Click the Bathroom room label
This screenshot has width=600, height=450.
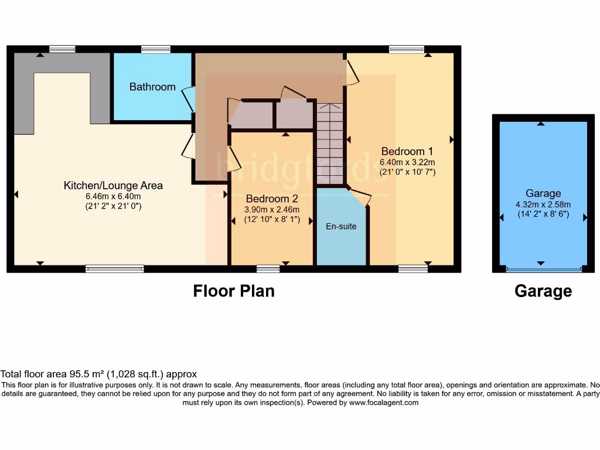click(x=152, y=87)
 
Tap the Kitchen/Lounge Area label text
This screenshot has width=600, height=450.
click(x=113, y=186)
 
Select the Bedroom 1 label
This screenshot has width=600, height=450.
click(x=407, y=151)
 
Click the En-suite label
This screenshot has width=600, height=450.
click(x=341, y=226)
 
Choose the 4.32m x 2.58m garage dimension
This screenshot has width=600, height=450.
click(x=543, y=204)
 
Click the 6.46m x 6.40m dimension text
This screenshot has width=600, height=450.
click(x=113, y=196)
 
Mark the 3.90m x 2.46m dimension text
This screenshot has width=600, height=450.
click(x=272, y=210)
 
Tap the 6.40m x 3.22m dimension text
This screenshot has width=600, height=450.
click(x=407, y=162)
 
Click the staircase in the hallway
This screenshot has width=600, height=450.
click(x=330, y=144)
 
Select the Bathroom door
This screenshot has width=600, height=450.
click(x=189, y=99)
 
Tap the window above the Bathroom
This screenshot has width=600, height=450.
click(x=156, y=49)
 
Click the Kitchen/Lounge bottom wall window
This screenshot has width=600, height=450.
click(x=114, y=269)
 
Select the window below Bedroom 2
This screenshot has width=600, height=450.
click(x=268, y=269)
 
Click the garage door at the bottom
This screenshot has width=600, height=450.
click(x=543, y=270)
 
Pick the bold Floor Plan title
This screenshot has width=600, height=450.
click(x=234, y=291)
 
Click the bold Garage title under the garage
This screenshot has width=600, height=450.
click(x=543, y=291)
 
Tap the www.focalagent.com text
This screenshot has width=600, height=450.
click(x=383, y=403)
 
